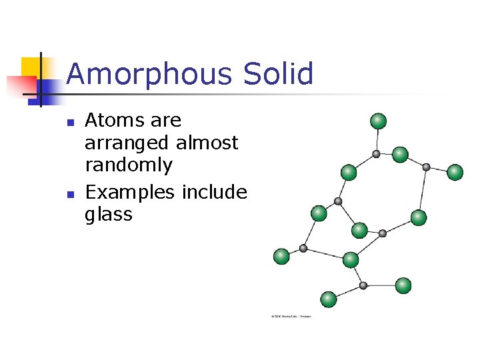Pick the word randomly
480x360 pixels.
pyautogui.click(x=129, y=165)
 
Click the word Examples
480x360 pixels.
pyautogui.click(x=129, y=193)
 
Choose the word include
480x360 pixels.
pyautogui.click(x=213, y=192)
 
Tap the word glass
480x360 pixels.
pyautogui.click(x=109, y=215)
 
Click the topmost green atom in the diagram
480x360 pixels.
pyautogui.click(x=378, y=121)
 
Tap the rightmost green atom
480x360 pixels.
pyautogui.click(x=455, y=172)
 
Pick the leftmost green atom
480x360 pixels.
pyautogui.click(x=281, y=256)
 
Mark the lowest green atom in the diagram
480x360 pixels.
pyautogui.click(x=328, y=299)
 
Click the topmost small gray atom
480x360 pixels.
pyautogui.click(x=376, y=154)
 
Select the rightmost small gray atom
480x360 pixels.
pyautogui.click(x=426, y=167)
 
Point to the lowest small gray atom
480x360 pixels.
pyautogui.click(x=363, y=285)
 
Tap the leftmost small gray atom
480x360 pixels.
pyautogui.click(x=303, y=248)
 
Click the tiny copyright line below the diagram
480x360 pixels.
pyautogui.click(x=291, y=316)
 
